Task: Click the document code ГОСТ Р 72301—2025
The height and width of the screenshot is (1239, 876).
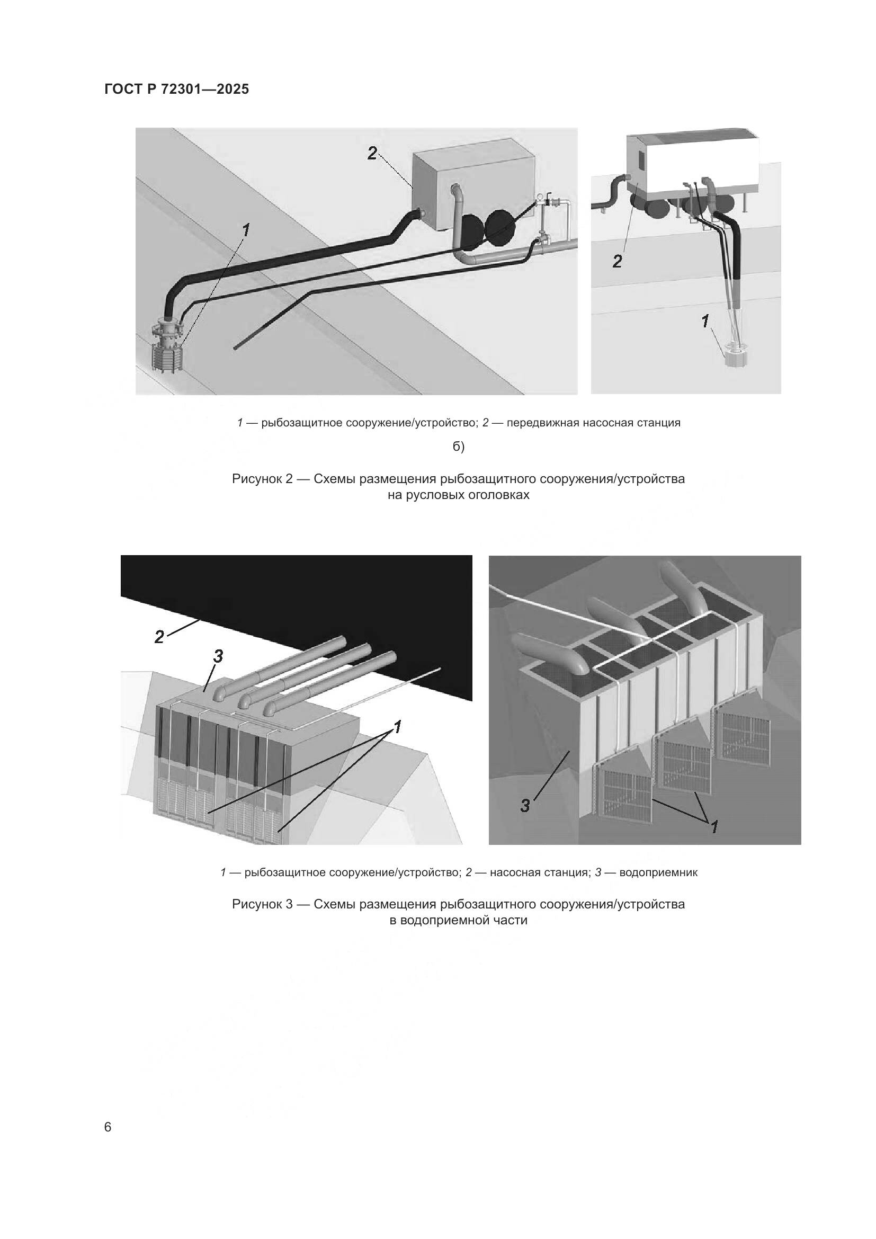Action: tap(177, 89)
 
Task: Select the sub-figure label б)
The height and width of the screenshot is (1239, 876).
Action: tap(459, 447)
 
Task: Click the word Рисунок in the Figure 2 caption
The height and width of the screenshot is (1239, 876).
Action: tap(257, 479)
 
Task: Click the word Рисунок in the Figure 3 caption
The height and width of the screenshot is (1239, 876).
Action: tap(257, 904)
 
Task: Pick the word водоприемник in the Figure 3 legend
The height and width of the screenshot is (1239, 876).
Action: tap(658, 872)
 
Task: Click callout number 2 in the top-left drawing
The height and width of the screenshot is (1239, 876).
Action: tap(372, 154)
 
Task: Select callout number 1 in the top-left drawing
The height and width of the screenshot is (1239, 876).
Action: tap(246, 230)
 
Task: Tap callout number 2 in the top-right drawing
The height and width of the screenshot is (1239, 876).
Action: tap(618, 262)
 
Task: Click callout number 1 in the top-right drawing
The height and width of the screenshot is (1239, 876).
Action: tap(705, 321)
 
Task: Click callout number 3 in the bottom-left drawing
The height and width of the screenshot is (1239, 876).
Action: tap(218, 656)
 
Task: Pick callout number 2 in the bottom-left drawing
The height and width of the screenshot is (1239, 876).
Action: tap(159, 637)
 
